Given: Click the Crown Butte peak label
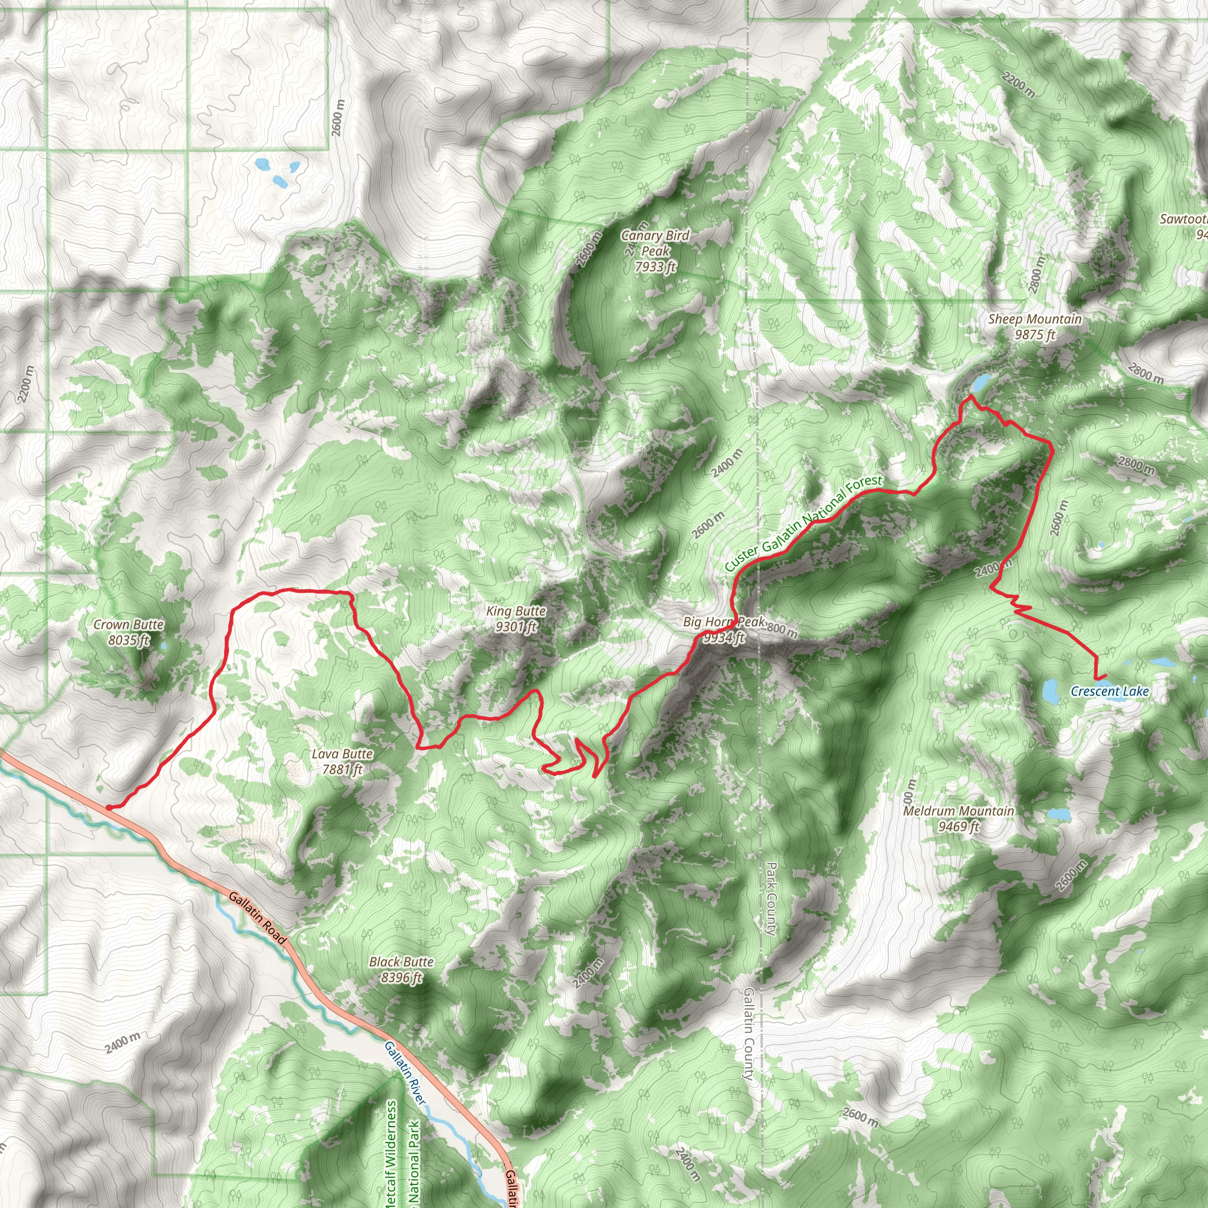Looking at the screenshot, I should (129, 632).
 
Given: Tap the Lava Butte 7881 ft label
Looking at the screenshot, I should (342, 761).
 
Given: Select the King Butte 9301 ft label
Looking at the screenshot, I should (516, 618).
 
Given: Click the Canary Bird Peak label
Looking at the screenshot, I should (655, 251).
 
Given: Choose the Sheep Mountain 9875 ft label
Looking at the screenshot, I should (1034, 326).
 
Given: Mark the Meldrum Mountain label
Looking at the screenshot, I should (958, 819).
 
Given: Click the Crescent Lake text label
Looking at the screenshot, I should (1109, 691).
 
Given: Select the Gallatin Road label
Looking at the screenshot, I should (257, 918).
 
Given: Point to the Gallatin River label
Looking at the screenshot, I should (405, 1073).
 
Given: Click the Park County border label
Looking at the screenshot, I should (771, 898).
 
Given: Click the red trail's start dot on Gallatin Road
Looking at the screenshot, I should (109, 807).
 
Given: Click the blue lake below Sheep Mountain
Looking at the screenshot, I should (980, 381).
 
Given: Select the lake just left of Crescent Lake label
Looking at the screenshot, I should (1051, 691).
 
